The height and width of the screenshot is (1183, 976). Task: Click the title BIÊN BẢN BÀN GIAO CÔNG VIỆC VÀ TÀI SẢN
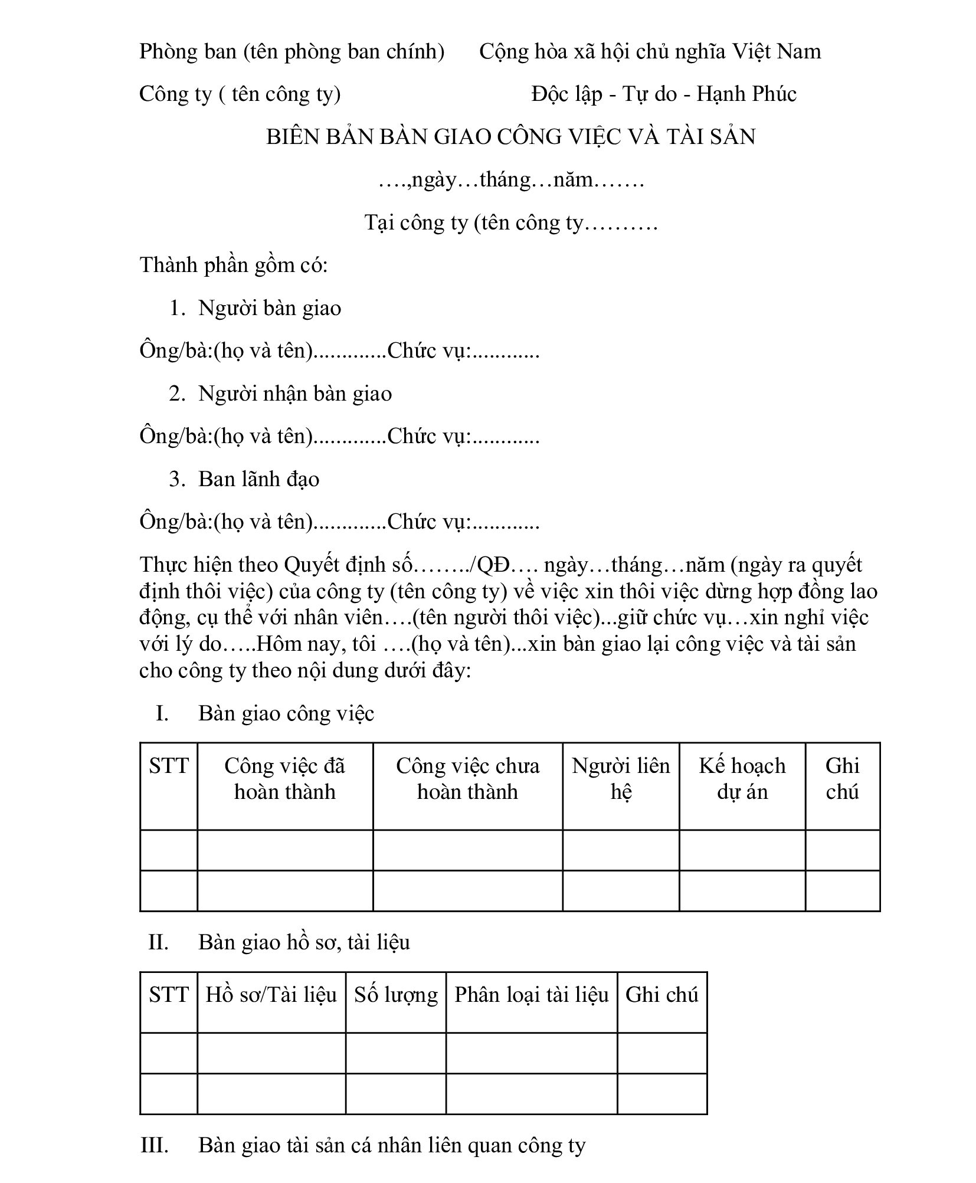click(510, 137)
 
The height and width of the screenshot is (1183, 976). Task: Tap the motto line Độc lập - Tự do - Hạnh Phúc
click(663, 94)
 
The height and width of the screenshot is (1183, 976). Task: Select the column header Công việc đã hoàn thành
click(284, 779)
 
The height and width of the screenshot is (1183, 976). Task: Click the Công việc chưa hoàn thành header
click(467, 779)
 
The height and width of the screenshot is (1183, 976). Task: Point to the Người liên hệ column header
click(621, 779)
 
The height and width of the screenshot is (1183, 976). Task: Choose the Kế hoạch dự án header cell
click(742, 779)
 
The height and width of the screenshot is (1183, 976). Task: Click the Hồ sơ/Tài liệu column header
click(271, 994)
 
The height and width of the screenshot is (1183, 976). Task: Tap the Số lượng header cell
click(396, 994)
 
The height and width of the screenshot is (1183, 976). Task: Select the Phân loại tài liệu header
click(531, 994)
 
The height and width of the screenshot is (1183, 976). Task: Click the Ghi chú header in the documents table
click(661, 994)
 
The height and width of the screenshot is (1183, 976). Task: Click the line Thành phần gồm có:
click(234, 265)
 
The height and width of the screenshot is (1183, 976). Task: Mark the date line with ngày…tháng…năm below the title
click(510, 179)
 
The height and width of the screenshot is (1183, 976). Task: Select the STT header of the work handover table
click(169, 766)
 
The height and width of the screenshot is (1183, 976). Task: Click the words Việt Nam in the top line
click(777, 51)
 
